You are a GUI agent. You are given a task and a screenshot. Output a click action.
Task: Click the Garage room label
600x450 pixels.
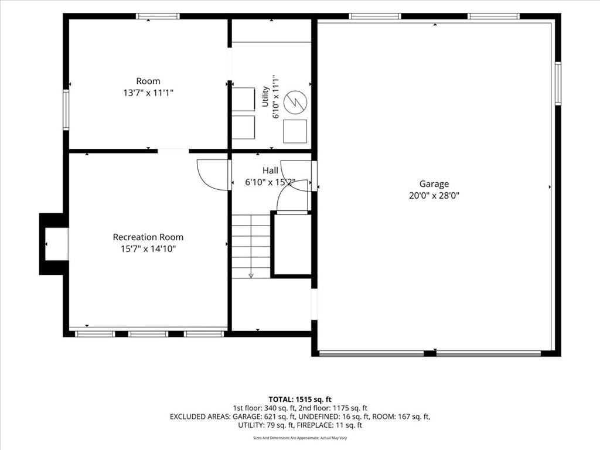click(x=434, y=184)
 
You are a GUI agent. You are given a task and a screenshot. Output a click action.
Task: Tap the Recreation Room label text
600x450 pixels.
click(x=148, y=237)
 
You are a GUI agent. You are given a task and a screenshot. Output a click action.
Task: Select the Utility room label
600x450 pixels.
click(x=265, y=97)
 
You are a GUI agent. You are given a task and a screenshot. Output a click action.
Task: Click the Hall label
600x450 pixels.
click(x=270, y=171)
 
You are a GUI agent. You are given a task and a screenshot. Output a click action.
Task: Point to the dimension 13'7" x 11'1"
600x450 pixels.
click(x=148, y=93)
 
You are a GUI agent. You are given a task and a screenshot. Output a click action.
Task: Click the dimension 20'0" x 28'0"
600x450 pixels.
click(x=434, y=196)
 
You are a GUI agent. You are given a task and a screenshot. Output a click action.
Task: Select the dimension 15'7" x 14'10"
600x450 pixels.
click(x=148, y=248)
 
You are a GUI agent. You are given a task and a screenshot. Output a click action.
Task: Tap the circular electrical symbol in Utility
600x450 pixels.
click(x=295, y=102)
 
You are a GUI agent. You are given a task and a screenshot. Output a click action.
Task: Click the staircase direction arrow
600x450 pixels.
click(x=251, y=247)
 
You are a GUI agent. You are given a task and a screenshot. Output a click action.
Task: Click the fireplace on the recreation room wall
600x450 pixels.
click(x=54, y=244)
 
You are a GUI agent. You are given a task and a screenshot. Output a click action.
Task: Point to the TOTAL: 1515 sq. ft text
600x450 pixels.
click(x=300, y=400)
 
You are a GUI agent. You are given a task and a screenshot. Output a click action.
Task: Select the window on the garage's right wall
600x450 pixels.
click(x=558, y=83)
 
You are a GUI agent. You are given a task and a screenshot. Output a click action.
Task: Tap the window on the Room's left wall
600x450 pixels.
click(x=66, y=110)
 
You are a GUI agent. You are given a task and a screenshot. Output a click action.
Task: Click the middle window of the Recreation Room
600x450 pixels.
click(x=148, y=334)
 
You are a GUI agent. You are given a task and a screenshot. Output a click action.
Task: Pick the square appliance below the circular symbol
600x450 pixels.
click(x=295, y=131)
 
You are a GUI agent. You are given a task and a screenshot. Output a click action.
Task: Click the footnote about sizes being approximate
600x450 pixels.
click(x=300, y=438)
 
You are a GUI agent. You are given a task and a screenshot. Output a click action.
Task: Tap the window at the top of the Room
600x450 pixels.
click(x=158, y=16)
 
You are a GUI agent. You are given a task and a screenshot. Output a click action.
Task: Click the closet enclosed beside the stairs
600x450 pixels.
click(x=291, y=244)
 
